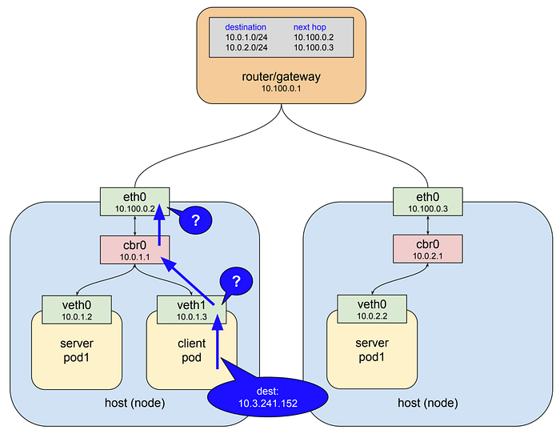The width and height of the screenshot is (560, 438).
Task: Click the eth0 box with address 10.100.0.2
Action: coord(134,201)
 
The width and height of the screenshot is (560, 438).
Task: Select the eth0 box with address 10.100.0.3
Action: coord(428,201)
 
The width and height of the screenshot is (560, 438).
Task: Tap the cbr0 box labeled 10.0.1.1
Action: coord(134,249)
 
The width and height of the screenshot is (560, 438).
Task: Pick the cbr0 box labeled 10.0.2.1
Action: coord(428,249)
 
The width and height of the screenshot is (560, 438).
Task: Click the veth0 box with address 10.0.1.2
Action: coord(77,309)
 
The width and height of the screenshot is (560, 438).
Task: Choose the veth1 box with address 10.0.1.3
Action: coord(191,309)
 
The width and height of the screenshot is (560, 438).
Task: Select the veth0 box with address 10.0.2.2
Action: coord(372,309)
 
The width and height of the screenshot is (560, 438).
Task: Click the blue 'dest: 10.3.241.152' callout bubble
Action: coord(267,396)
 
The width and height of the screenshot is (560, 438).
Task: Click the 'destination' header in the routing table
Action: coord(246,26)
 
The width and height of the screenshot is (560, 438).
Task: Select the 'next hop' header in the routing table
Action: coord(314,26)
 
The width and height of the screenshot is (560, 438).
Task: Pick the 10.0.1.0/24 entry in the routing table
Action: coord(246,37)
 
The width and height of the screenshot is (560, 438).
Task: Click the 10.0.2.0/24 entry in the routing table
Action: coord(246,47)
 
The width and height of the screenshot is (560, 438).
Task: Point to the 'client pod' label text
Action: coord(191,350)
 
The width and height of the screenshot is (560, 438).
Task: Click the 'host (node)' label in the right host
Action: coord(428,402)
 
